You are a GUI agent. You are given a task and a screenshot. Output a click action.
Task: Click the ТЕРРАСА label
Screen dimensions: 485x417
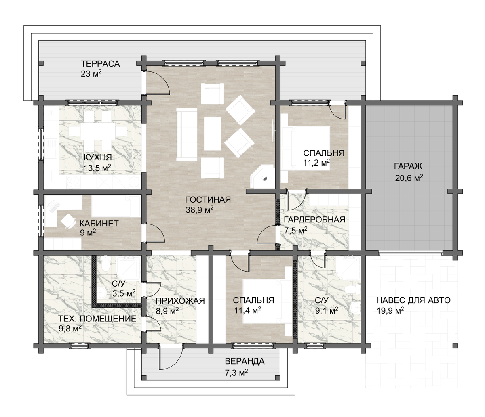click(100, 64)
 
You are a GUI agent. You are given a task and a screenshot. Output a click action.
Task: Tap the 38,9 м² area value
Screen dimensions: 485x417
click(199, 210)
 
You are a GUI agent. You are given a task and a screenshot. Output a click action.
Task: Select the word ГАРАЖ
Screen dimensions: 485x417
click(408, 166)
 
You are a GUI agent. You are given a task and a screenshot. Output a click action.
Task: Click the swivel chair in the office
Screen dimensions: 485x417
click(68, 221)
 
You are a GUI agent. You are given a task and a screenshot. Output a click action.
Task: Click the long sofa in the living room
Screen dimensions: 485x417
click(187, 134)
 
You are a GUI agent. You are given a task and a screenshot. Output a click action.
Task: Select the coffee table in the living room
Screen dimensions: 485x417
click(212, 134)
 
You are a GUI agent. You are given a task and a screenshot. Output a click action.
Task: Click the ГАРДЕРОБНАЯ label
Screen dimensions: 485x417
click(314, 220)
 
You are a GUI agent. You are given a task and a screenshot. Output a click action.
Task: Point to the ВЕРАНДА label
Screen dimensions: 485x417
click(245, 361)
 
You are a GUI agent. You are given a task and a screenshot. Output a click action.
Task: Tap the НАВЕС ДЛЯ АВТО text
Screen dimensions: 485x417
click(413, 300)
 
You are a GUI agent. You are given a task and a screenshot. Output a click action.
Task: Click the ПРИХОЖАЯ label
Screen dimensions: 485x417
click(180, 301)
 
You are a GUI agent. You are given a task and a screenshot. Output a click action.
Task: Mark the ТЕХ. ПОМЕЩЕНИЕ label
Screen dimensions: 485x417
click(97, 319)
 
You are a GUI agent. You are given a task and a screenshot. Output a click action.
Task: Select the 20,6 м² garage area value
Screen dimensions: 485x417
click(409, 178)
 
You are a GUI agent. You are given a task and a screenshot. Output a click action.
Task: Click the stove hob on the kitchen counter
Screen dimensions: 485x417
click(74, 182)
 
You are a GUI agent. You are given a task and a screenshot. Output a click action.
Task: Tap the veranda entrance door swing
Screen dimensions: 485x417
click(171, 358)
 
